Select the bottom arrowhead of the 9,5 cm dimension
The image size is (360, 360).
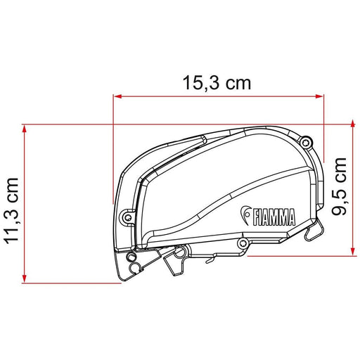[349, 250]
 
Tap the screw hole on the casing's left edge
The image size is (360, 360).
[127, 216]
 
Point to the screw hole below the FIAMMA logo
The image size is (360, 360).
[243, 243]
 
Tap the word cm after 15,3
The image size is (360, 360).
[238, 83]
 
